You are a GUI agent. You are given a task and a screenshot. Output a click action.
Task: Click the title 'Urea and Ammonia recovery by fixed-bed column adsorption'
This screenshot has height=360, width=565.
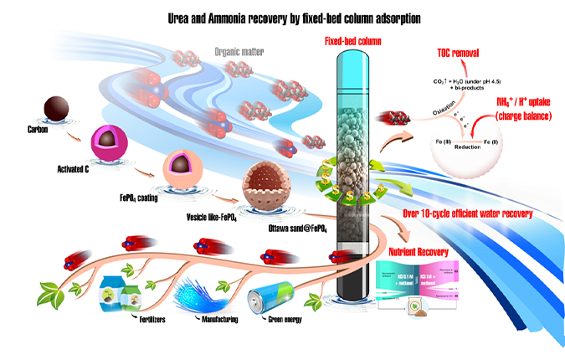pos(282,16)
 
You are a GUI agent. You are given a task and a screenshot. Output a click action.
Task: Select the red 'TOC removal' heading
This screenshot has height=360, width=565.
pos(457,54)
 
